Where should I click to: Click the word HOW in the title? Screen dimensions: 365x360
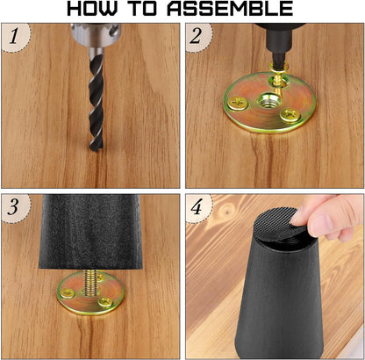coord(91,9)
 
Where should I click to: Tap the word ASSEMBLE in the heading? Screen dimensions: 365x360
coord(230,9)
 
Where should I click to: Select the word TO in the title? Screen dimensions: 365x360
coord(143,9)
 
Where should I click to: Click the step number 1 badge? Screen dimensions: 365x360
coord(16,38)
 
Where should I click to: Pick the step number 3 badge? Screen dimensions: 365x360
coord(16,208)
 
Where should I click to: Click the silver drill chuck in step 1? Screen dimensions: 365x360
coord(96,35)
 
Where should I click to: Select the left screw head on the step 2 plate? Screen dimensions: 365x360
coord(239,103)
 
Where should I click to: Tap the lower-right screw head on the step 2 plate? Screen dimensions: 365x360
coord(290,115)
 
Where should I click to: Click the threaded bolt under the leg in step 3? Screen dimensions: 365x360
coord(91,282)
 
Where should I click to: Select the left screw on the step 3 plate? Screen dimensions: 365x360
coord(67,292)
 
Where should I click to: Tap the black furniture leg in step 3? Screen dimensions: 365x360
coord(90,231)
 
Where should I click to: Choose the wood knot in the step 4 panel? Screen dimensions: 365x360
coord(225,210)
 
